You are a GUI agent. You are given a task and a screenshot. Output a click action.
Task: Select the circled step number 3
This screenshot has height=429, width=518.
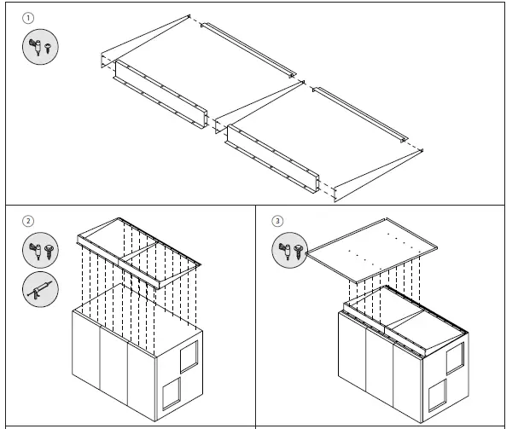[x=277, y=221]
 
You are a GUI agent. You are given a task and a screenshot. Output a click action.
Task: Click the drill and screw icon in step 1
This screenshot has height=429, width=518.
[x=40, y=47]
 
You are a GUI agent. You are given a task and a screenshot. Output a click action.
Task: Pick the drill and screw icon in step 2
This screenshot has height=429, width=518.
[x=40, y=251]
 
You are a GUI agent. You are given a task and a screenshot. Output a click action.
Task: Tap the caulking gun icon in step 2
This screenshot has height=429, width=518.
[x=40, y=290]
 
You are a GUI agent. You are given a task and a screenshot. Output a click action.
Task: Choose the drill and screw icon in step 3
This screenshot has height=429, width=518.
[x=291, y=251]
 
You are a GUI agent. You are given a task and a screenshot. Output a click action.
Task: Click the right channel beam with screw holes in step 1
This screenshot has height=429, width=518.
[x=273, y=158]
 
